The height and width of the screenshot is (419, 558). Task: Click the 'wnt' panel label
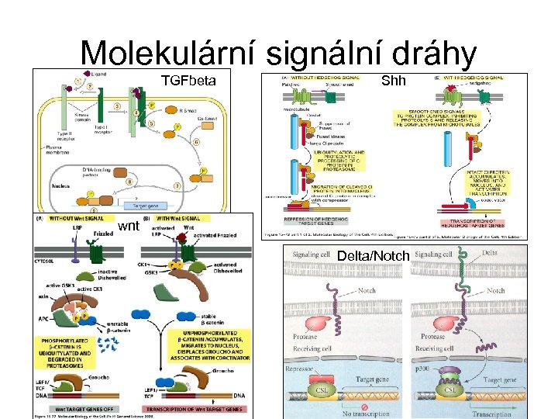(129, 226)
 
